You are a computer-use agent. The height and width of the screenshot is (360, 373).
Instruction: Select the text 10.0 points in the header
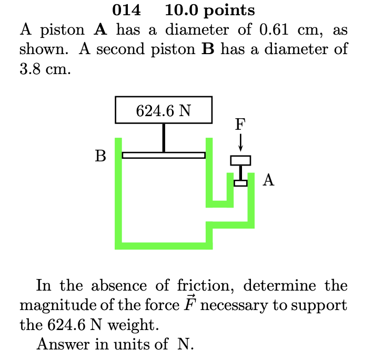[x=209, y=10]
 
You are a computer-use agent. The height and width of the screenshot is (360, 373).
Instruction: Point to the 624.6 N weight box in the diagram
[x=164, y=110]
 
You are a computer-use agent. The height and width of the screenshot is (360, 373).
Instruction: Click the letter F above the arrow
[x=240, y=124]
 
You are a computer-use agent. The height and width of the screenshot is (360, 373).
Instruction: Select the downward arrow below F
[x=240, y=141]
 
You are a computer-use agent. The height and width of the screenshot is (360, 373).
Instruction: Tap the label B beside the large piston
[x=100, y=156]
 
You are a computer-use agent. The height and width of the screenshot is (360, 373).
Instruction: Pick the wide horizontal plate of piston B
[x=164, y=155]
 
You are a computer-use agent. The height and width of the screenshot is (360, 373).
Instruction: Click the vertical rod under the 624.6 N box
[x=164, y=138]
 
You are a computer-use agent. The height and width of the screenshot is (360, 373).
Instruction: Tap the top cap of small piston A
[x=240, y=160]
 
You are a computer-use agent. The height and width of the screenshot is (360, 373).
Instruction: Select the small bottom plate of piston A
[x=240, y=183]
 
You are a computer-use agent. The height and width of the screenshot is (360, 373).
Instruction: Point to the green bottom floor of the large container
[x=164, y=245]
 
